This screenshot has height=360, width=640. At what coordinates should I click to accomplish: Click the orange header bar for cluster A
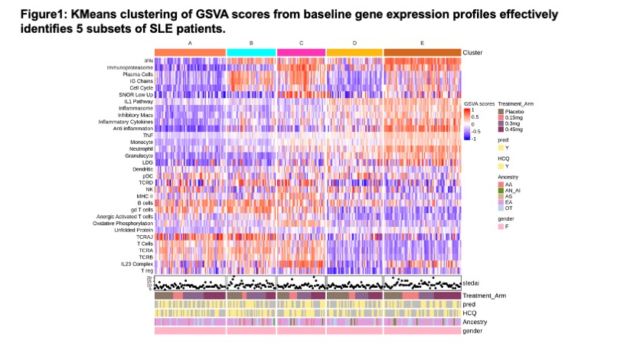point(190,51)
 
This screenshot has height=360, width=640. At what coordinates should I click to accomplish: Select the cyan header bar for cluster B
point(251,51)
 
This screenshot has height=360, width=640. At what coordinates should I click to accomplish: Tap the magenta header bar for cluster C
point(301,51)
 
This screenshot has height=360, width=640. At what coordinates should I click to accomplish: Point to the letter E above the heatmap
point(422,43)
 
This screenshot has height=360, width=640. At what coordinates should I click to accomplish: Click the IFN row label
point(149,60)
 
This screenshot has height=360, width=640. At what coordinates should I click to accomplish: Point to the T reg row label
point(145,270)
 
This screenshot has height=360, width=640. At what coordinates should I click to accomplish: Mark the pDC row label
point(147,175)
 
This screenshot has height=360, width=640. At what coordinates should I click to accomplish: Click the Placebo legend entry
point(514,111)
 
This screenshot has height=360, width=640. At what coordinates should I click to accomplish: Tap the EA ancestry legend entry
point(509,202)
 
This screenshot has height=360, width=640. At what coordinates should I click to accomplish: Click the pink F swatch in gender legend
point(501,227)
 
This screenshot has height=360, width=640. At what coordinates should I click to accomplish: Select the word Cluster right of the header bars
point(472,51)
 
